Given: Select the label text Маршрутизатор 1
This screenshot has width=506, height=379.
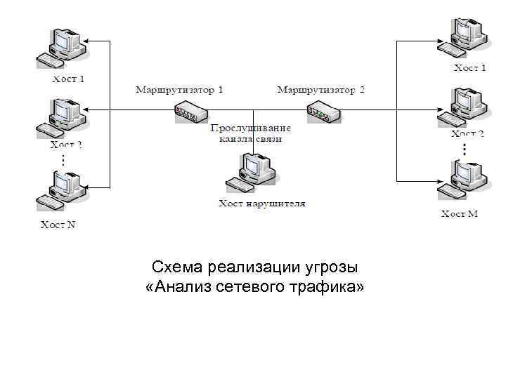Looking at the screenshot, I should tap(179, 90).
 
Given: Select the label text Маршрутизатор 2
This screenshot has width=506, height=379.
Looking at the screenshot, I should tap(321, 90).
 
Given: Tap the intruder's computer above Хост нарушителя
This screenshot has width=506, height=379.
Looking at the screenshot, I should tap(251, 173).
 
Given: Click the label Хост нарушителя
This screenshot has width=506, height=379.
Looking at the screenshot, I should tap(261, 204).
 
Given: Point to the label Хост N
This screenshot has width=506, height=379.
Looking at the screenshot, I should tap(57, 225).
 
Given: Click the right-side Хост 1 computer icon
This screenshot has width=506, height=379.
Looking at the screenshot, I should tap(464, 39).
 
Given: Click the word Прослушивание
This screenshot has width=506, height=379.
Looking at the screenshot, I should tap(250, 128).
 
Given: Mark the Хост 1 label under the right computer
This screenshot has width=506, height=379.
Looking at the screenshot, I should tap(469, 68).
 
